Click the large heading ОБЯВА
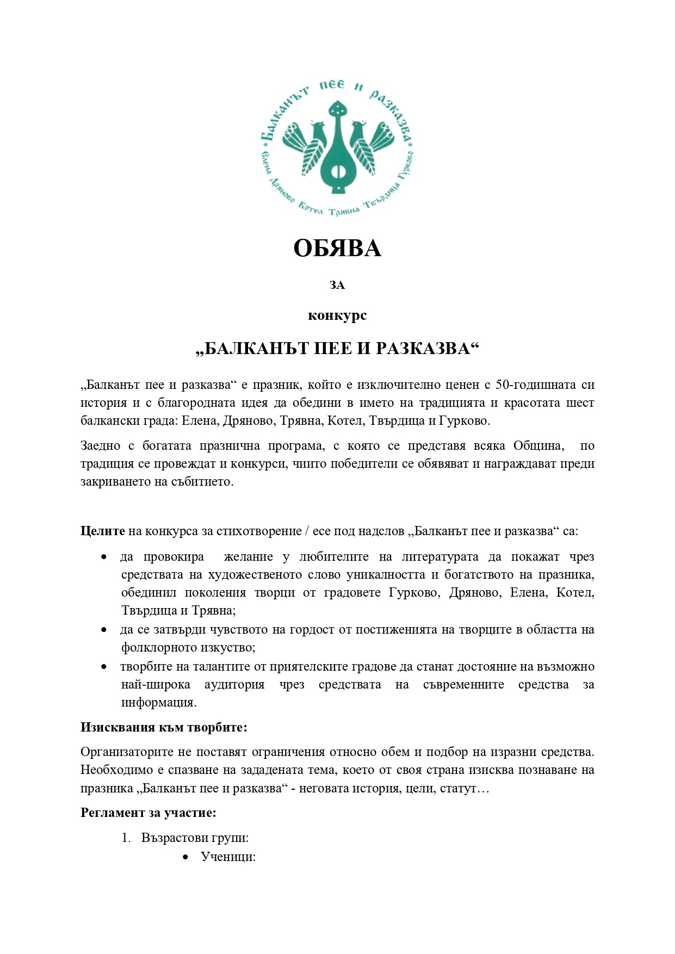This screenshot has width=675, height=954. point(337,249)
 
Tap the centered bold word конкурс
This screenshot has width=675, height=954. point(337,315)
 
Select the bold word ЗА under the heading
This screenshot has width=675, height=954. point(337,285)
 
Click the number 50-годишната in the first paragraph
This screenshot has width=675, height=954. point(536,385)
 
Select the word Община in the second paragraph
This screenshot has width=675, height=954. point(538,446)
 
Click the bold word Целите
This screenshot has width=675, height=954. point(103,531)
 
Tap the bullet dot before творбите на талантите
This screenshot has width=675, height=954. point(104,666)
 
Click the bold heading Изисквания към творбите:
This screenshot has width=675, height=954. point(164,727)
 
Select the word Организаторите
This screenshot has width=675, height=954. point(127,752)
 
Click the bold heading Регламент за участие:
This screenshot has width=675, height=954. point(148,813)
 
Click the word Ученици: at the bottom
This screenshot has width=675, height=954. point(228,857)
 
